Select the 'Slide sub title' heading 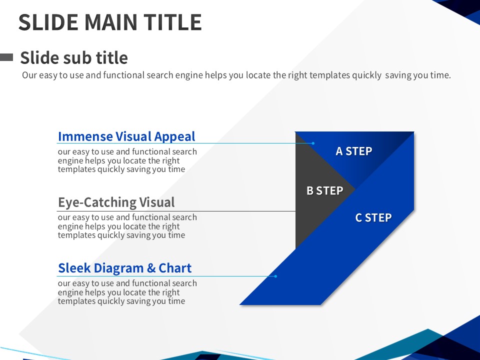(x=74, y=57)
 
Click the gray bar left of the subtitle (x=6, y=57)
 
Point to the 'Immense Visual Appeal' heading (x=126, y=136)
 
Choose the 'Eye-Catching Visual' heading (x=116, y=202)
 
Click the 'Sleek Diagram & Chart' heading (x=124, y=268)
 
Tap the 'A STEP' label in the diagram (x=354, y=151)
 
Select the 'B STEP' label (x=325, y=190)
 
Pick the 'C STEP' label (x=373, y=217)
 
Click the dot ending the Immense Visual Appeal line (x=313, y=143)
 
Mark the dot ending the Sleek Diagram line (x=275, y=276)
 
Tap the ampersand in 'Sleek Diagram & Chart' (x=151, y=268)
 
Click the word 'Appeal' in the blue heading (x=174, y=137)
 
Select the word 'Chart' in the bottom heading (x=175, y=268)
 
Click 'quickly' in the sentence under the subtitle (x=366, y=75)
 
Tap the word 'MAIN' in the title (x=111, y=22)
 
